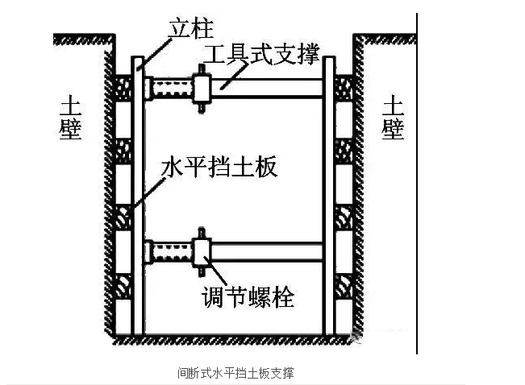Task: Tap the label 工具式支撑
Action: click(260, 56)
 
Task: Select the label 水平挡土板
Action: click(219, 168)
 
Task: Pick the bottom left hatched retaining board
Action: click(123, 286)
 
